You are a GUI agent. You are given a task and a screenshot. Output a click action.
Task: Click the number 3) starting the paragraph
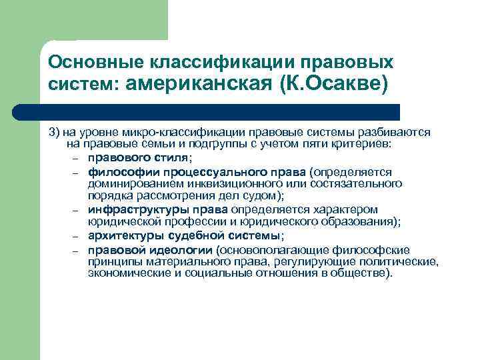pos(55,132)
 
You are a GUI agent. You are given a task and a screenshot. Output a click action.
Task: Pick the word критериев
pos(370,144)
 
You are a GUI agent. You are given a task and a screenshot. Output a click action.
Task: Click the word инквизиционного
pos(223,183)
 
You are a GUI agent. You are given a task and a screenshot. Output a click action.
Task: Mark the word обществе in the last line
pos(365,274)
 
